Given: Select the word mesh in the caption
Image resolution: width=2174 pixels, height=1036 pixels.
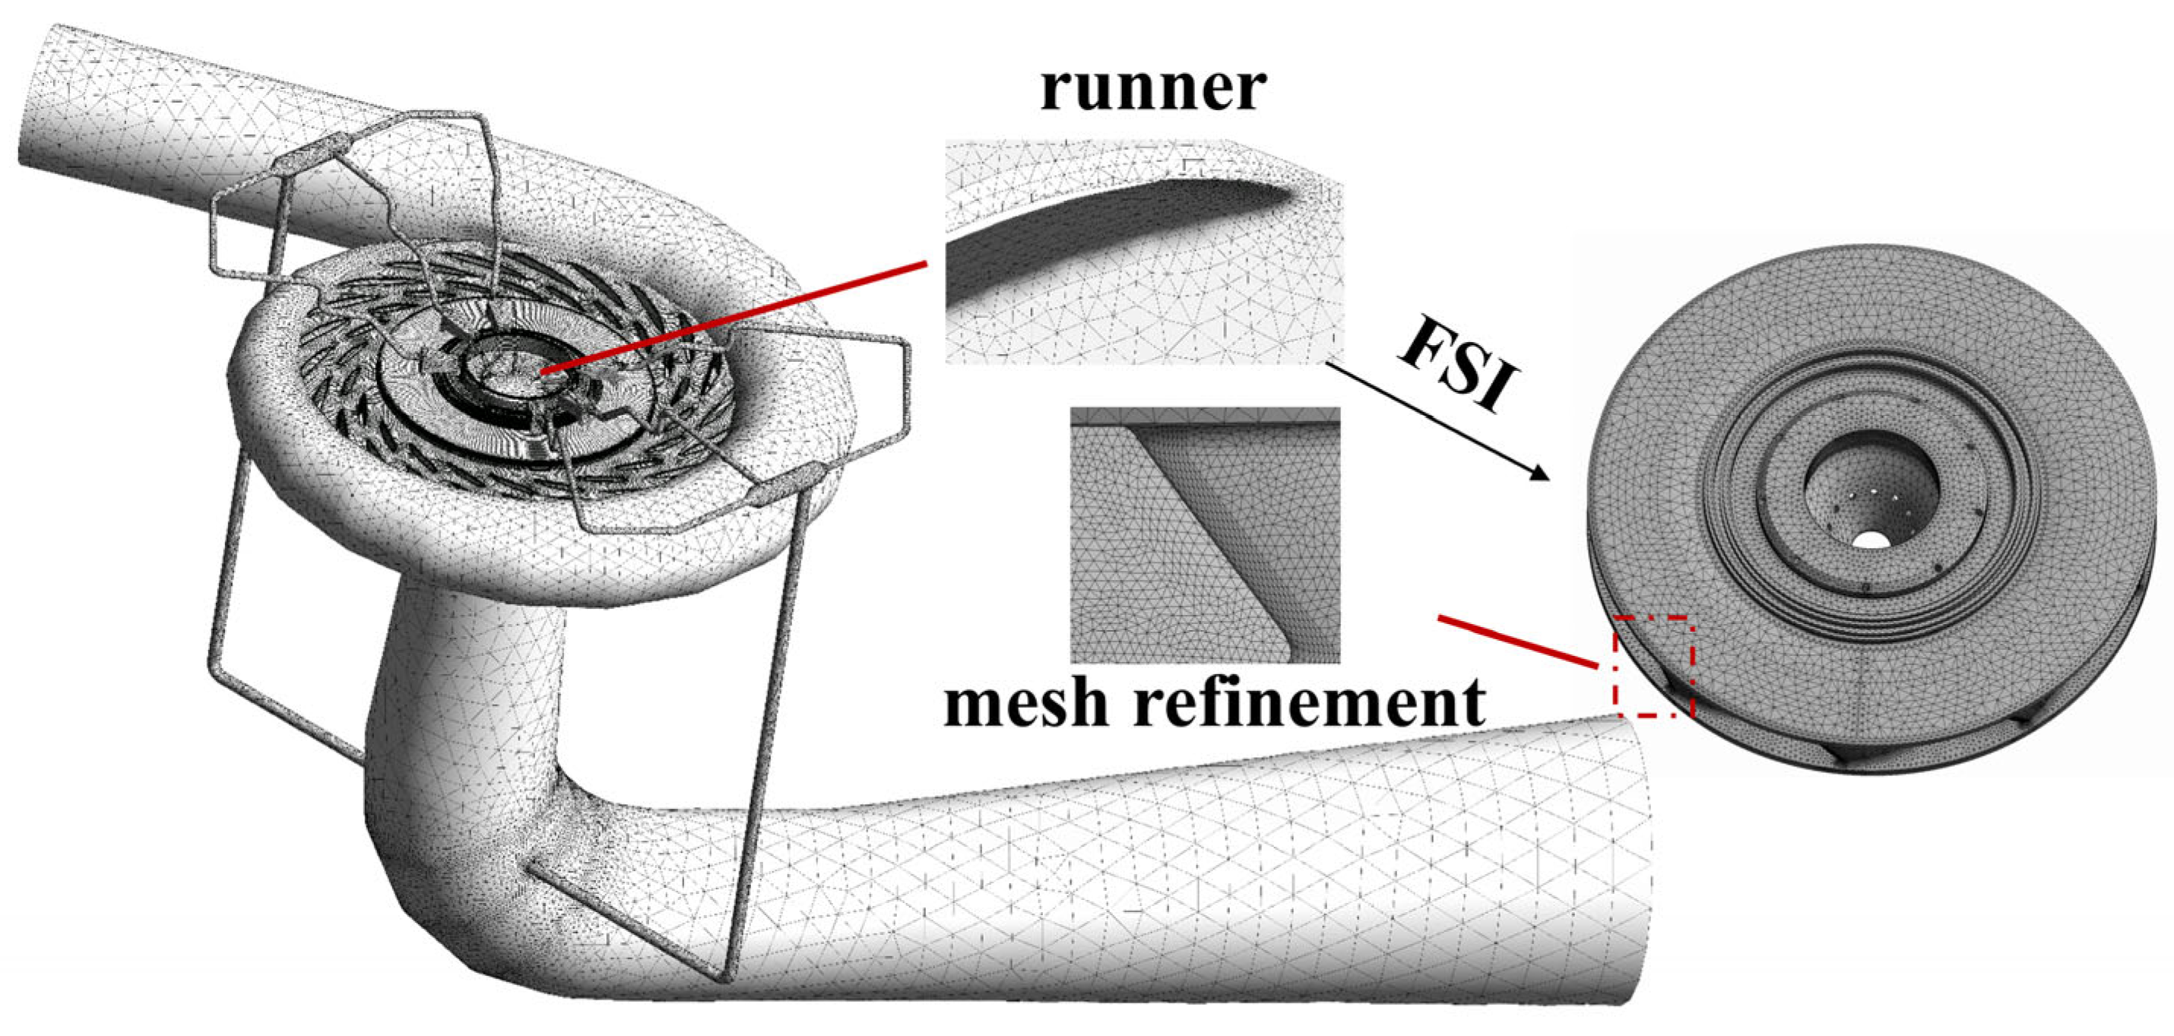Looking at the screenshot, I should (1025, 703).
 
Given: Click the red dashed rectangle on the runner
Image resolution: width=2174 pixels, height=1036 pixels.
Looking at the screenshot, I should (1653, 667).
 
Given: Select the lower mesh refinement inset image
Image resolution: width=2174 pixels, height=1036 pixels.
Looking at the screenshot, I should (1204, 535).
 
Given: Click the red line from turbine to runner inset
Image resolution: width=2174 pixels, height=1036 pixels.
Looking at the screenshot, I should (734, 316).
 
